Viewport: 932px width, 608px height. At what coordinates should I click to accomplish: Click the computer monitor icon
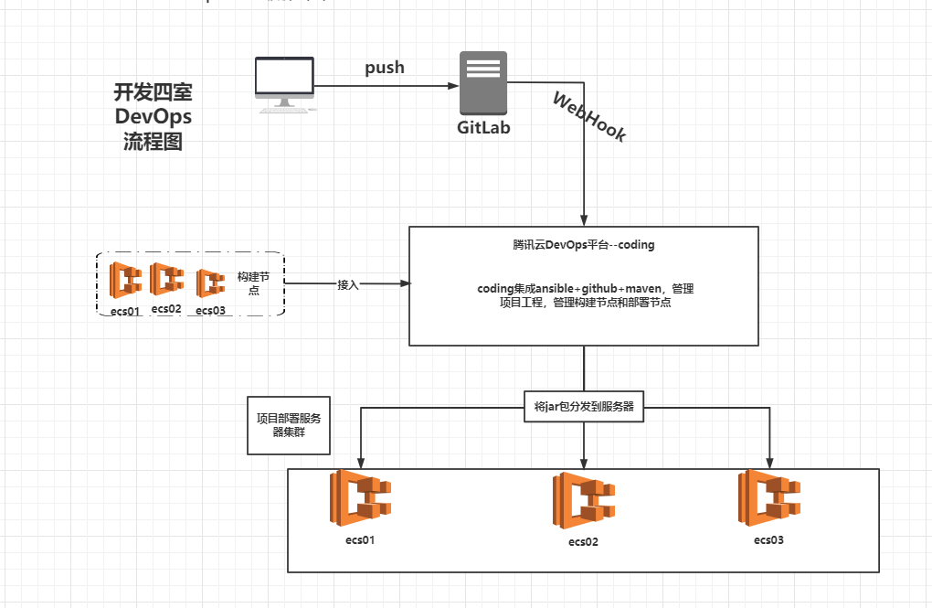point(284,83)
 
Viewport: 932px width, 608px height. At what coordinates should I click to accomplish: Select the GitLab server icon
point(482,83)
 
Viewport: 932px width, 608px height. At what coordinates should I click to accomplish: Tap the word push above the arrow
point(385,68)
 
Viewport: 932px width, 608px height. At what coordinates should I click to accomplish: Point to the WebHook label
point(589,116)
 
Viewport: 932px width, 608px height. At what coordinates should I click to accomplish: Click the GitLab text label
point(483,127)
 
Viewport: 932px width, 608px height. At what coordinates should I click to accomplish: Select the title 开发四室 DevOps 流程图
point(153,117)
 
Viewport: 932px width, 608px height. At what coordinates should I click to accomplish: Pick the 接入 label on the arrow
point(348,284)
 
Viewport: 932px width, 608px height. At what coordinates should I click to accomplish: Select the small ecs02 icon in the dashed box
point(166,279)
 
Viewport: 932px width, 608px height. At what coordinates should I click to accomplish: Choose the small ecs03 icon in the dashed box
point(211,282)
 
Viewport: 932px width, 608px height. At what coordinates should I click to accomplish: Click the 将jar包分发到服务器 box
point(584,406)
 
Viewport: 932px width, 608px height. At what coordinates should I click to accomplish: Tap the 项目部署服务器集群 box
point(289,425)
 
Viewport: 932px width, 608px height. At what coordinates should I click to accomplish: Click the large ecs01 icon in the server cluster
point(360,499)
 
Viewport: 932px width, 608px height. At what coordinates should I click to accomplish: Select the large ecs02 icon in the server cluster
point(583,501)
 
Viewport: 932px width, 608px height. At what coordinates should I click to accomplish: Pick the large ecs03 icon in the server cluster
point(769,499)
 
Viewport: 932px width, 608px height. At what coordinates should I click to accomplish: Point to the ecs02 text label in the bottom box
point(583,542)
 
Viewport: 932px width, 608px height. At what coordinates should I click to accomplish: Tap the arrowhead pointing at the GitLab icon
point(453,86)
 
